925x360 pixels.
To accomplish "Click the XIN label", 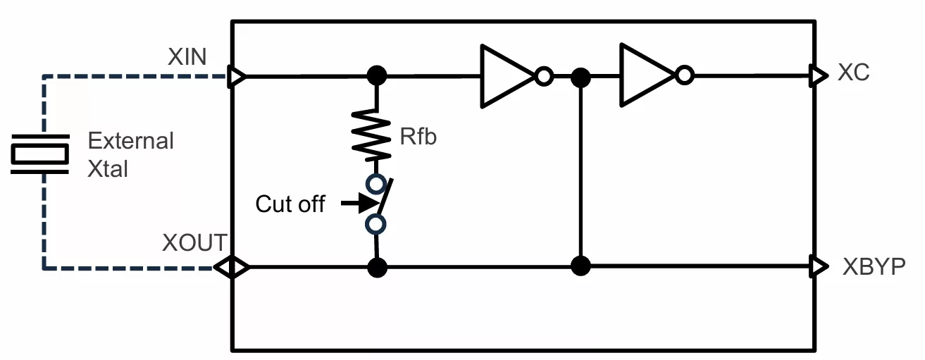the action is (187, 56).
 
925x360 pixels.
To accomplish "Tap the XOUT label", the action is (194, 242).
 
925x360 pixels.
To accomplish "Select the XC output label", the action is (854, 73).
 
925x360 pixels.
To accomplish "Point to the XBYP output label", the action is (874, 267).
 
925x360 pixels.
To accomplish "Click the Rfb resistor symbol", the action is (371, 135).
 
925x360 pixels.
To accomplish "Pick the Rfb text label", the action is (418, 136).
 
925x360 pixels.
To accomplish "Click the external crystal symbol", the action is (39, 154).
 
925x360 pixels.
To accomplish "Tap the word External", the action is (130, 141).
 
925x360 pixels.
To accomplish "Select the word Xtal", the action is (108, 169).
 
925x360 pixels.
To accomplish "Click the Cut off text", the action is (290, 204).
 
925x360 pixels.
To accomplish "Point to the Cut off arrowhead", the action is (369, 203).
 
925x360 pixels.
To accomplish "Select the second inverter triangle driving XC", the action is (648, 75).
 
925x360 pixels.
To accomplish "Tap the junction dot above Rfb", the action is (377, 76).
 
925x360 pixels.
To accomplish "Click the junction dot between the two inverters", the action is (581, 77).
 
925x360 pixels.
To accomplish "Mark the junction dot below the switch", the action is (377, 268).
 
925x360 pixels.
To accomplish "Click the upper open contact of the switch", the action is (375, 184).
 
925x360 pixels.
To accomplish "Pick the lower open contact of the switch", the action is (375, 225).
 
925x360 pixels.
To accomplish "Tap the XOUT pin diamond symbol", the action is (232, 267).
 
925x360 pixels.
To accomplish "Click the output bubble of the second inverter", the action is (685, 75).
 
